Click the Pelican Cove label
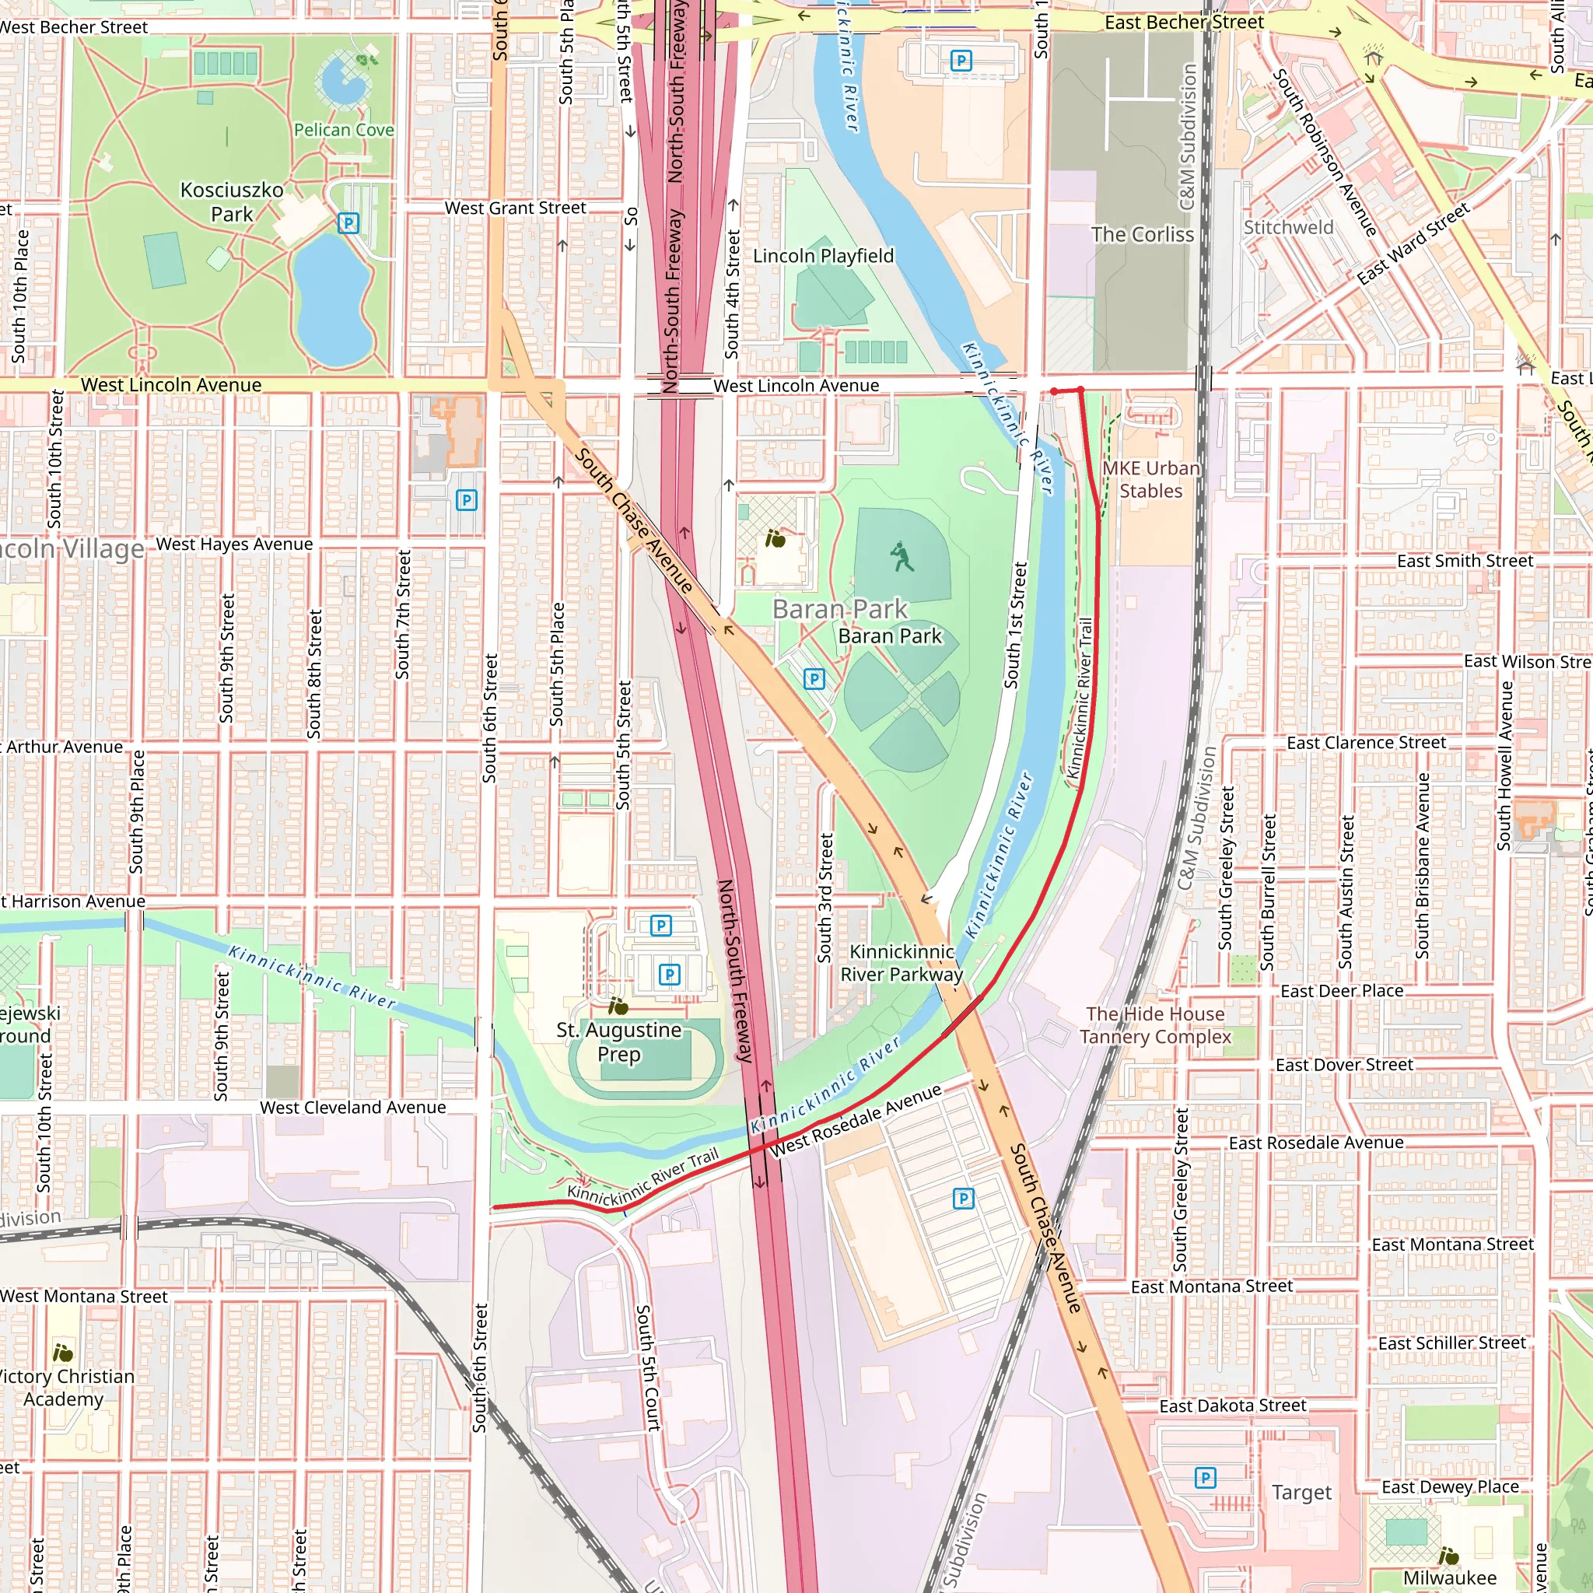point(344,130)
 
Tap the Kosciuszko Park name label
point(232,202)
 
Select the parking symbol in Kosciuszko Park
point(348,222)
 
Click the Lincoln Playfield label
point(823,256)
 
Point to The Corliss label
point(1142,235)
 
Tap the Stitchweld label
point(1288,228)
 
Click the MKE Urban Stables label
point(1150,479)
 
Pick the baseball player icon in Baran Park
point(903,558)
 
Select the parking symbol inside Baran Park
point(814,678)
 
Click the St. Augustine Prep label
point(618,1042)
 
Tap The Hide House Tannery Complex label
point(1155,1025)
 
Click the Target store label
point(1301,1493)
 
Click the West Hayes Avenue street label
point(234,544)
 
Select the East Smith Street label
point(1465,561)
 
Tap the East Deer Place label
point(1342,991)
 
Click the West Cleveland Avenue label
point(353,1108)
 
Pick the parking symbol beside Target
point(1205,1478)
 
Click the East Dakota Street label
point(1233,1406)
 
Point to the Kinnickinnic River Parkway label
point(902,963)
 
